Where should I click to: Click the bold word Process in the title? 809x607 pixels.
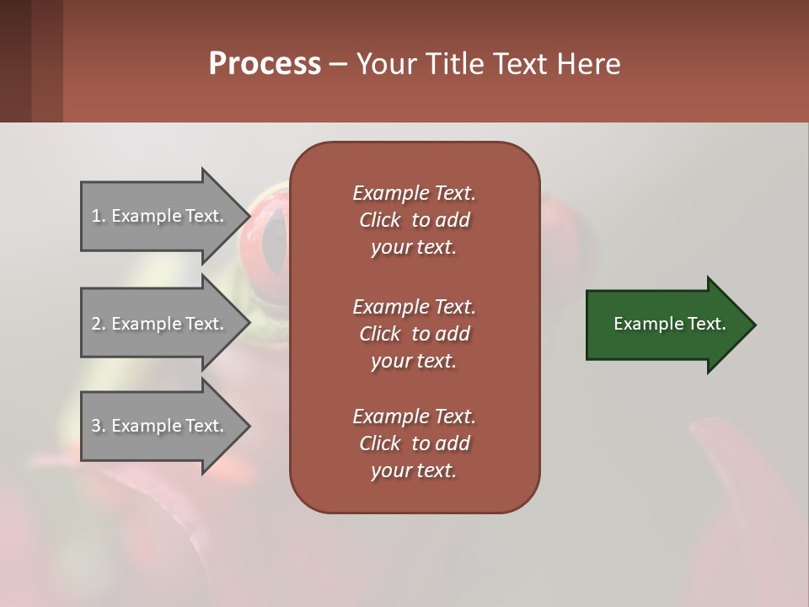pyautogui.click(x=265, y=64)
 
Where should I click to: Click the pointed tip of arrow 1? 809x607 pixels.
pyautogui.click(x=247, y=216)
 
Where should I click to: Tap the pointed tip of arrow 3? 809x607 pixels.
pyautogui.click(x=247, y=426)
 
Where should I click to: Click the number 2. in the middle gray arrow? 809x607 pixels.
pyautogui.click(x=99, y=324)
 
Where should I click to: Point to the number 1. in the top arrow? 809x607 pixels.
pyautogui.click(x=99, y=216)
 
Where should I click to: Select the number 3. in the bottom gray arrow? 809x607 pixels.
pyautogui.click(x=99, y=426)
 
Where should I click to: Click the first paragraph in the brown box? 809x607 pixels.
pyautogui.click(x=414, y=220)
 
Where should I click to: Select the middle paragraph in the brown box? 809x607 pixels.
pyautogui.click(x=414, y=334)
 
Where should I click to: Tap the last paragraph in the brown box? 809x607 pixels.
pyautogui.click(x=414, y=443)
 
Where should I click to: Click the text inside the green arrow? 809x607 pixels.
pyautogui.click(x=669, y=324)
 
